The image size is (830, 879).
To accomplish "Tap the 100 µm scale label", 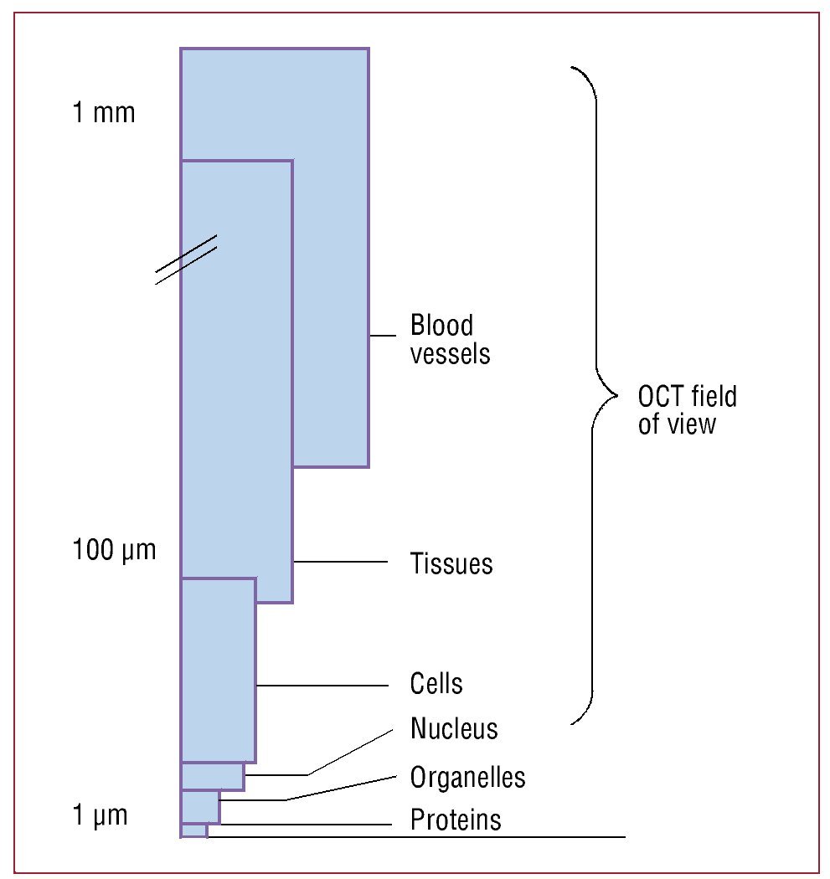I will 114,551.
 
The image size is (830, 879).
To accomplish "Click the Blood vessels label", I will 450,339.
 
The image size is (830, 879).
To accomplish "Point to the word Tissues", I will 451,563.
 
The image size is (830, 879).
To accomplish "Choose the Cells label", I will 436,683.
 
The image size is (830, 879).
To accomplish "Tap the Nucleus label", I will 454,728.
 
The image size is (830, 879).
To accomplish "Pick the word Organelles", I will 467,777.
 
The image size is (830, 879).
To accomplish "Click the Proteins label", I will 456,819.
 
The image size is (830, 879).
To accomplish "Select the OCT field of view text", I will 687,409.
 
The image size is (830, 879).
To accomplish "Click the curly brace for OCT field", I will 595,393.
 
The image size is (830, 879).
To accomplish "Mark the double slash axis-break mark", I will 186,260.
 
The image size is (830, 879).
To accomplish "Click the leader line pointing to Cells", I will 322,686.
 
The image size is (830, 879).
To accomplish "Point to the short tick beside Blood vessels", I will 382,336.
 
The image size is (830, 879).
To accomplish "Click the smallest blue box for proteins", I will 193,830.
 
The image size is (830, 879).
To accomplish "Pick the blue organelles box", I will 200,807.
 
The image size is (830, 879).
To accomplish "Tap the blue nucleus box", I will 213,776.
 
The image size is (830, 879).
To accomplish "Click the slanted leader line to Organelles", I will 339,789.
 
